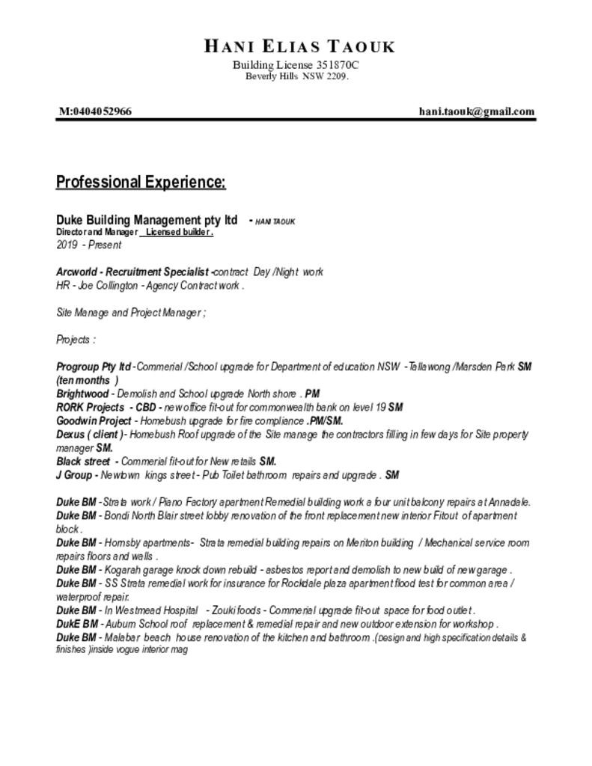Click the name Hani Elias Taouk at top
coord(299,46)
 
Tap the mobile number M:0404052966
coord(96,111)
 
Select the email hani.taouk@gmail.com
coord(477,111)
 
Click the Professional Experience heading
coord(141,182)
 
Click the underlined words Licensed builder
coord(179,232)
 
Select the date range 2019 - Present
coord(88,245)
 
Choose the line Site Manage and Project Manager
coord(129,312)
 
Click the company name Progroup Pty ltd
coord(94,367)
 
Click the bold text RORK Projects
coord(90,407)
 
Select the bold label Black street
coord(83,461)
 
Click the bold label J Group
coord(74,474)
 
